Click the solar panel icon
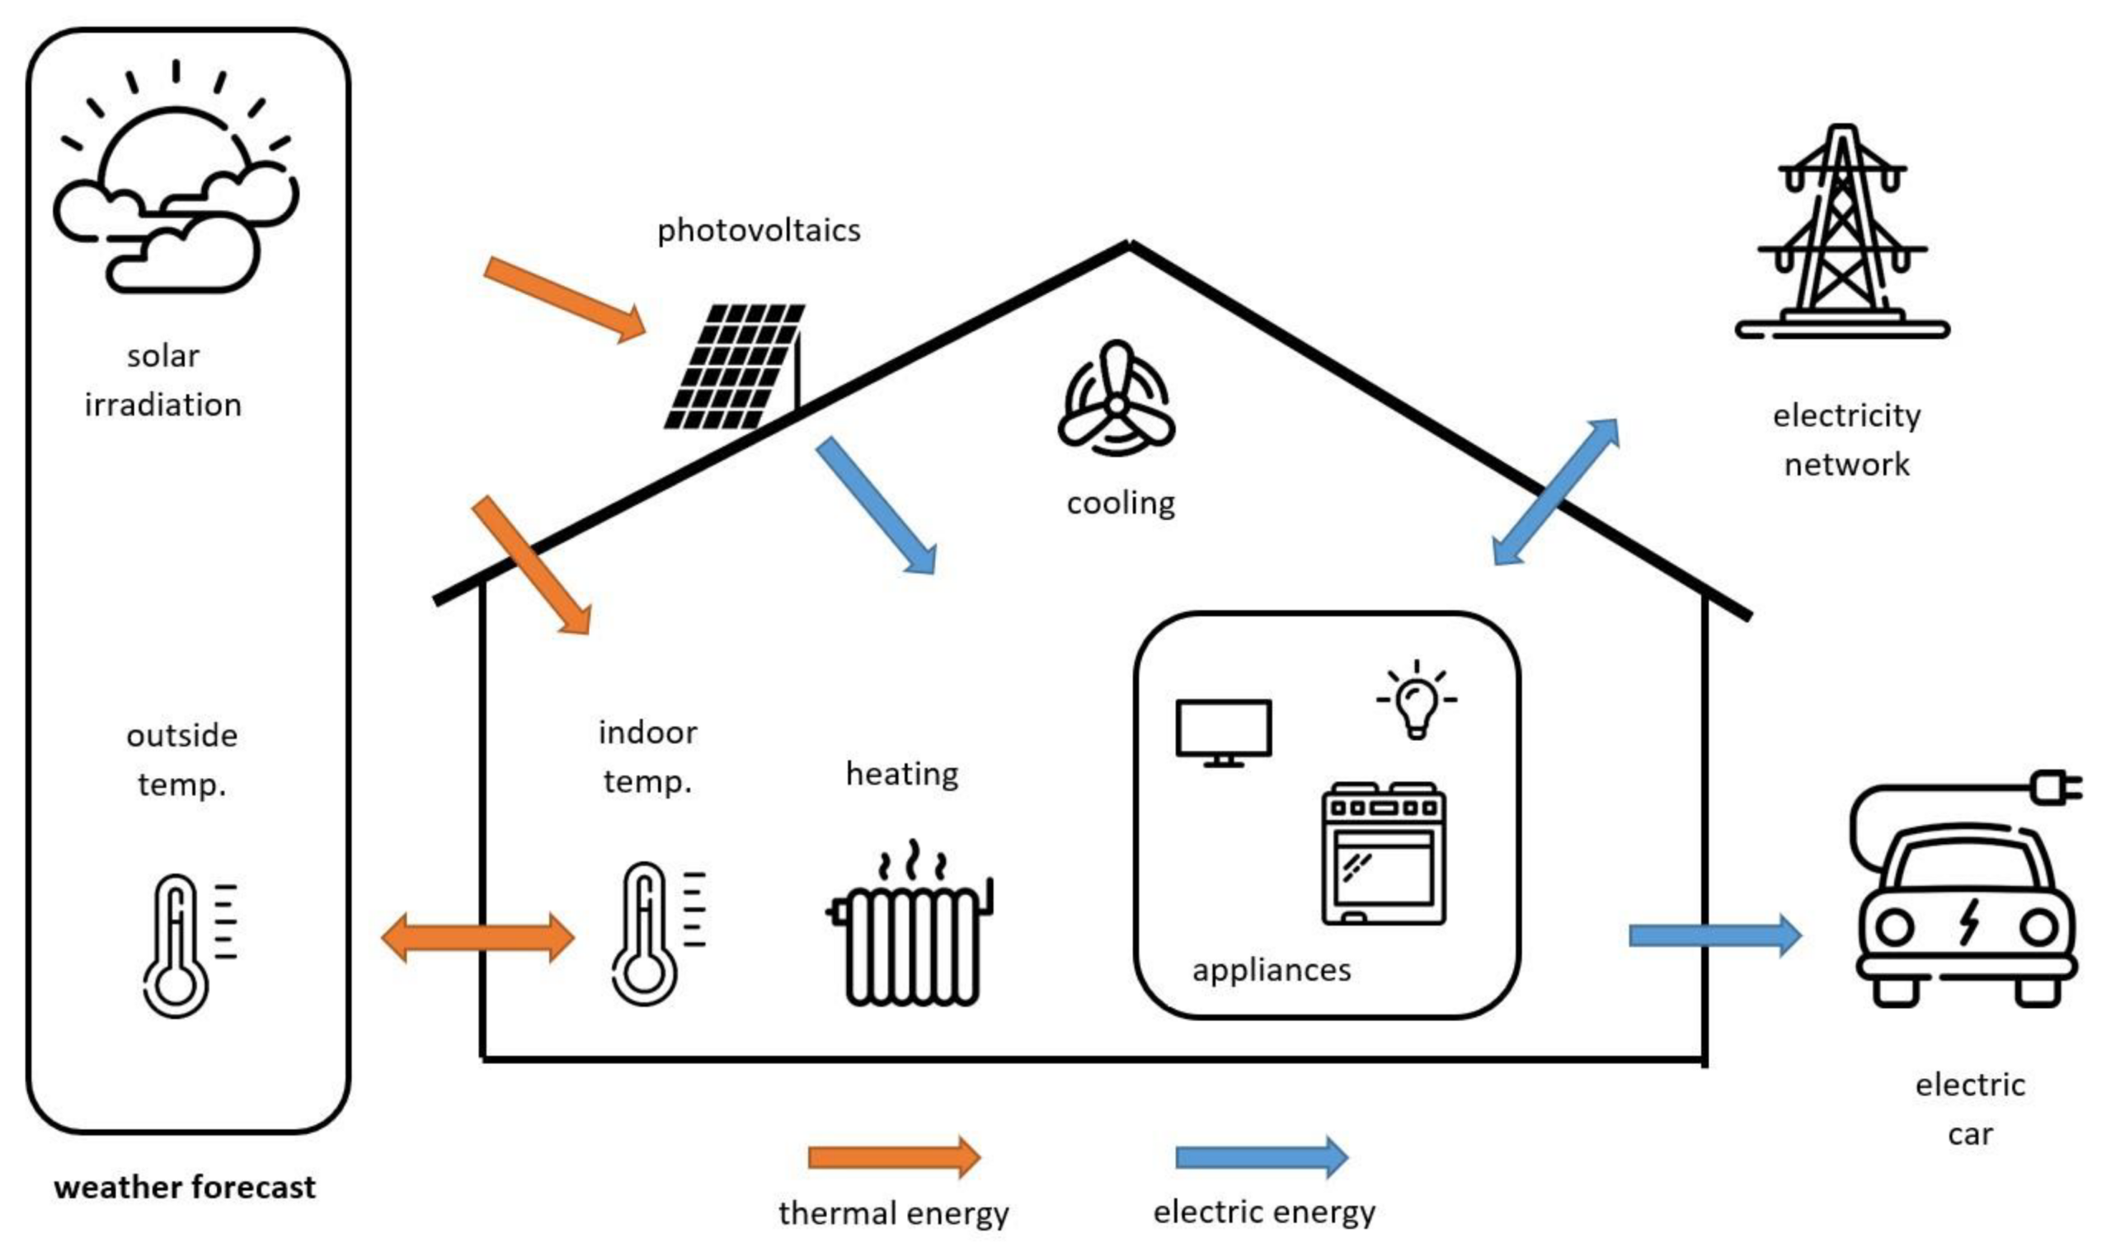coord(733,367)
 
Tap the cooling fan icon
coord(1116,398)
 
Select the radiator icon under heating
coord(910,923)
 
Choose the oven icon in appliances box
coord(1384,853)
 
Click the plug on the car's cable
coord(2056,788)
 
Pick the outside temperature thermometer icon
coord(189,945)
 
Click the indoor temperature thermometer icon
coord(657,934)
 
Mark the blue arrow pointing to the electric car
coord(1714,935)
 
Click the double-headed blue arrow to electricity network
coord(1554,492)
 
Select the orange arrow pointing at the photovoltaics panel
coord(565,300)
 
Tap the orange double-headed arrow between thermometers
coord(477,938)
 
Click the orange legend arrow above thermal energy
coord(894,1157)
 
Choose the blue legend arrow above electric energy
coord(1262,1157)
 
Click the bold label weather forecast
coord(185,1188)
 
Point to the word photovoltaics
coord(759,230)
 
